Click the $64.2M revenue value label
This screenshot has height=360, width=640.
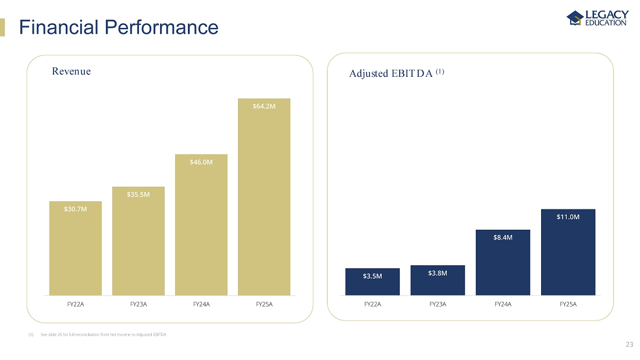click(264, 106)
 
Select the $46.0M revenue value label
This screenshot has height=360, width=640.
click(201, 162)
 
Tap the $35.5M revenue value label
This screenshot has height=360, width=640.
click(138, 194)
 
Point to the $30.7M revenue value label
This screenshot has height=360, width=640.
click(76, 209)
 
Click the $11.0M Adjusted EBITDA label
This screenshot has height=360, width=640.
click(568, 217)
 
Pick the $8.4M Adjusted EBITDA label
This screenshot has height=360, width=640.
click(503, 237)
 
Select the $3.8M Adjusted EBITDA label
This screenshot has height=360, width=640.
click(438, 273)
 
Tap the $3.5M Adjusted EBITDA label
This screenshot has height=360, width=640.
click(372, 276)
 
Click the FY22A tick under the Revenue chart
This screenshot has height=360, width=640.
click(76, 304)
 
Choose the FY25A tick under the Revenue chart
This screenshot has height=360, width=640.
click(264, 304)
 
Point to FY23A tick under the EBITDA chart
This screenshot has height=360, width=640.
click(438, 304)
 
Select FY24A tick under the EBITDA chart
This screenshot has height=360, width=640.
click(503, 304)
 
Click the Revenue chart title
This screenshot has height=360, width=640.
click(71, 72)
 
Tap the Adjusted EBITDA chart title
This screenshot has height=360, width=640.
click(397, 73)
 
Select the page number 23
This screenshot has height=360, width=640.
click(629, 345)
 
